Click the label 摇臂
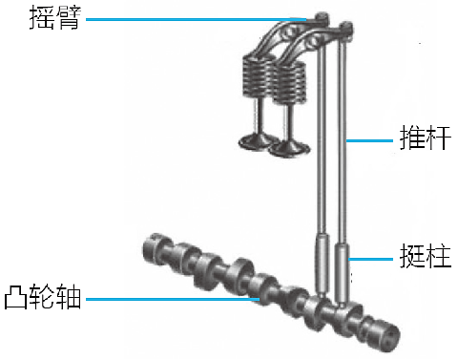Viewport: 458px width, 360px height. [x=55, y=18]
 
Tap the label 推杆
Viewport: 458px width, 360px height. [x=426, y=138]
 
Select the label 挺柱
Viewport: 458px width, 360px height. [x=426, y=256]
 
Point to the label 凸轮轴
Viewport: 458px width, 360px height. [x=43, y=297]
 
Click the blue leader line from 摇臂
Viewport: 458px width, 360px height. [x=197, y=19]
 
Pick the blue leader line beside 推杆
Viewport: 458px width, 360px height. [x=369, y=140]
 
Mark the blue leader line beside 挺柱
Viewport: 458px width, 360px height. [x=371, y=259]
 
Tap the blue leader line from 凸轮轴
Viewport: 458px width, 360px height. [x=173, y=299]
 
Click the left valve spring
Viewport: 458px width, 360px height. [x=257, y=75]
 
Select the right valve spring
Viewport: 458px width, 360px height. [x=289, y=82]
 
